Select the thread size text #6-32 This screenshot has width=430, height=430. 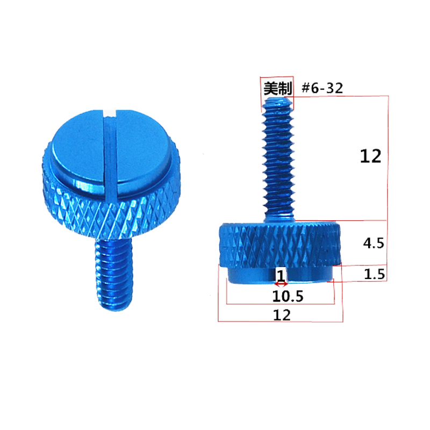pos(322,88)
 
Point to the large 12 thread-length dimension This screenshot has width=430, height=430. pos(371,156)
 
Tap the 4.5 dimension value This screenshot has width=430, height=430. pos(373,243)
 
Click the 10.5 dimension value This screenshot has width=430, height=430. pos(281,296)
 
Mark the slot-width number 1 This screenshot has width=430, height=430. pos(280,275)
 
